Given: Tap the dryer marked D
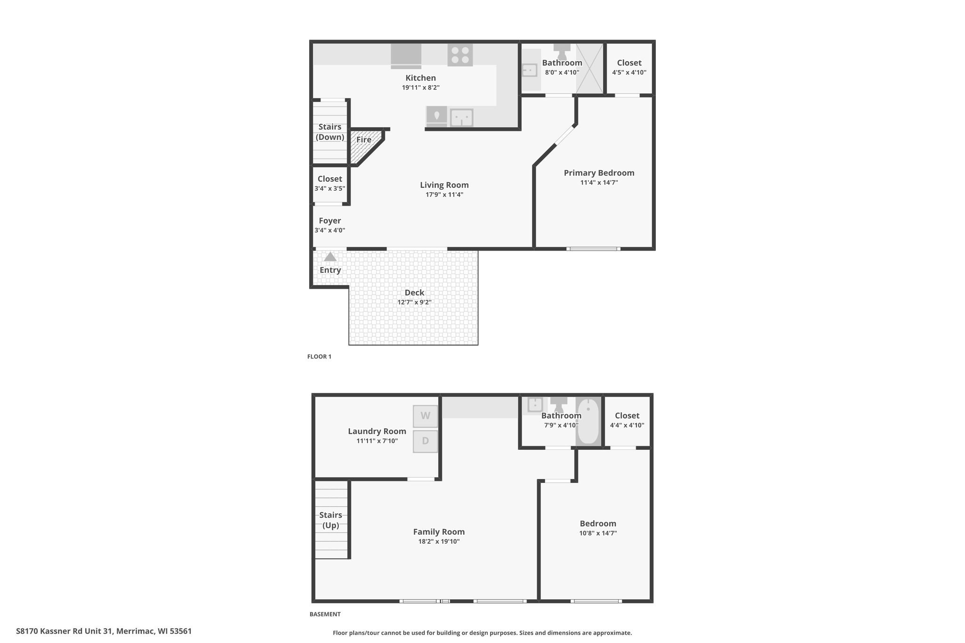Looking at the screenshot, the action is point(425,441).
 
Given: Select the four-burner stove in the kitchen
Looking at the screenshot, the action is point(460,55).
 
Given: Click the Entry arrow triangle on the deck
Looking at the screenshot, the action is point(330,257).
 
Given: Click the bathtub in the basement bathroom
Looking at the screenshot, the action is point(588,422).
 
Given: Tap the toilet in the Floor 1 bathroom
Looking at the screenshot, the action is point(562,51).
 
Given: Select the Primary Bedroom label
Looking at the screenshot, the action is point(599,173).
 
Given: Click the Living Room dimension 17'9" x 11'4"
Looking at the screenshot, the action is point(444,195).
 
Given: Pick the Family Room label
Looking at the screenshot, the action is point(439,532).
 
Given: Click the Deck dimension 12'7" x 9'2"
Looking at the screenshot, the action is point(414,302).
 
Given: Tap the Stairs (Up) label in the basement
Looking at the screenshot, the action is point(331,520).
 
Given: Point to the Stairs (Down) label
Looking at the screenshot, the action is point(330,132).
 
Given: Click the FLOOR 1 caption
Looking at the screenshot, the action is point(319,357).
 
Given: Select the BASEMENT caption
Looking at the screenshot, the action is point(325,614).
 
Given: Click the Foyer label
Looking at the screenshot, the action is point(330,220).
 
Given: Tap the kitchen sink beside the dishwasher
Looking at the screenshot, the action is point(462,118).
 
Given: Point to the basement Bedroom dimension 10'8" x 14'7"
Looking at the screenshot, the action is point(598,533).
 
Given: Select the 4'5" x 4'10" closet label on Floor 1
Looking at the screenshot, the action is point(629,73).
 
